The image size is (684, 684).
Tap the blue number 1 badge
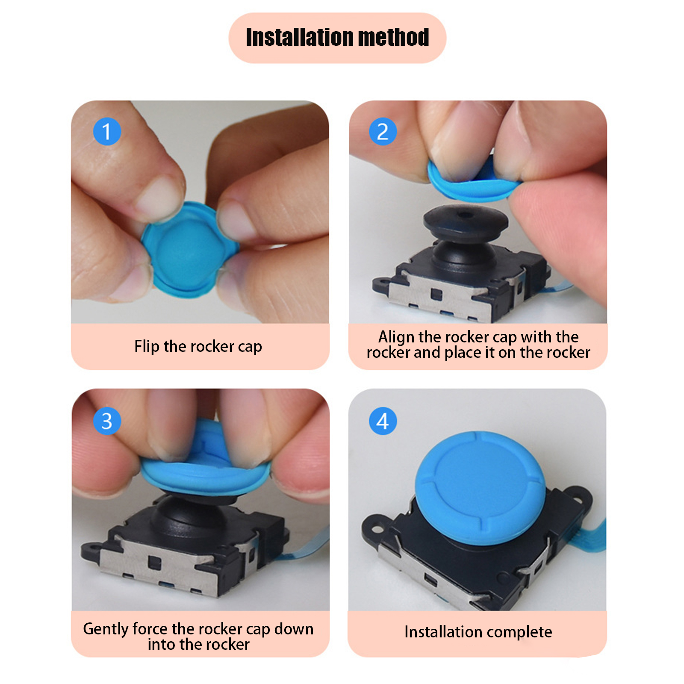pyautogui.click(x=107, y=131)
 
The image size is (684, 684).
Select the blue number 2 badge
pyautogui.click(x=383, y=131)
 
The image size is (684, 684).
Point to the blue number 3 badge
pyautogui.click(x=107, y=421)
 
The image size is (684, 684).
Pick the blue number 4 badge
pyautogui.click(x=383, y=421)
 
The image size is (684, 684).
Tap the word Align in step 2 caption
pyautogui.click(x=397, y=337)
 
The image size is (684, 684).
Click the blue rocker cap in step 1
pyautogui.click(x=188, y=250)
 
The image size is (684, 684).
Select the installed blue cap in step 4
pyautogui.click(x=480, y=489)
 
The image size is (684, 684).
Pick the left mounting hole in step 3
pyautogui.click(x=91, y=548)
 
